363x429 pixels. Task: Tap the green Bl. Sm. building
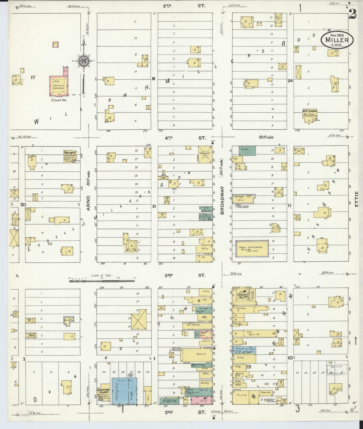[x=247, y=150]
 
